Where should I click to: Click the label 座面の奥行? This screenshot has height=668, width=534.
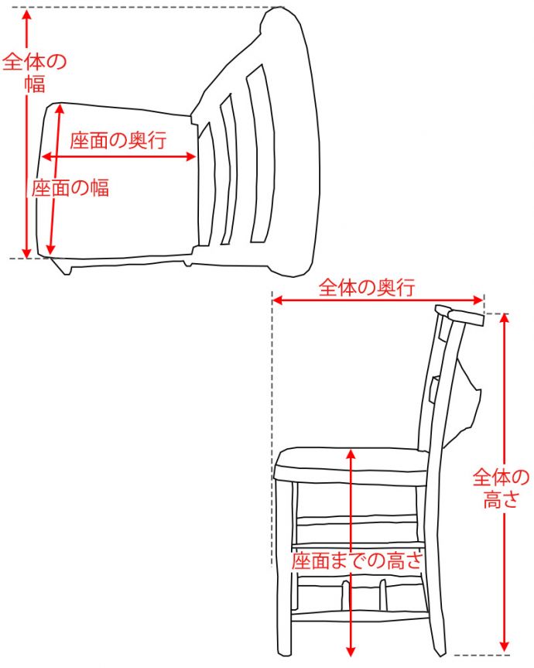click(x=118, y=140)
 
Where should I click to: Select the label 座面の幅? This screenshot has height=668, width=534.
click(x=70, y=187)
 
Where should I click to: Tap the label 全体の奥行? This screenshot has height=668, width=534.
click(x=367, y=288)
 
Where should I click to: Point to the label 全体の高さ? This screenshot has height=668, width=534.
click(x=501, y=488)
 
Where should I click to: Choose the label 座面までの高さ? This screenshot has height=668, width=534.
click(x=358, y=560)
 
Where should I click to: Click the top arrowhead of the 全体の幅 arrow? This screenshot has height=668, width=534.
click(x=28, y=14)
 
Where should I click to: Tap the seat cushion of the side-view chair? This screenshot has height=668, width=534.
click(x=352, y=466)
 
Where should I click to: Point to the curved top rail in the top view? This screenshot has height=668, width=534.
click(x=298, y=139)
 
